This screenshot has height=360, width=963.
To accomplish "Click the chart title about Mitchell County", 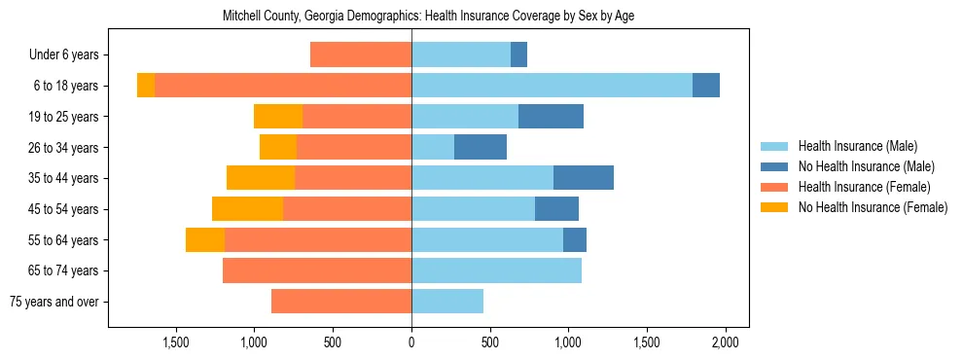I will (428, 17).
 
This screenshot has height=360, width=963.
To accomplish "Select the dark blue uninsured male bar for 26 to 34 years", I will (481, 147).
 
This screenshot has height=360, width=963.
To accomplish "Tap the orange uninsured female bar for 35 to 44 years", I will (261, 178).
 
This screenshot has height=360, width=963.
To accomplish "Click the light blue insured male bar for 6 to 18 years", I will (552, 86).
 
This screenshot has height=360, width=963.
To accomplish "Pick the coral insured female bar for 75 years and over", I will (341, 302).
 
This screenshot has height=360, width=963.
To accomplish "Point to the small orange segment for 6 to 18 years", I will (146, 86).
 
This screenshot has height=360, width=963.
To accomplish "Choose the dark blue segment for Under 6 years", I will (518, 54).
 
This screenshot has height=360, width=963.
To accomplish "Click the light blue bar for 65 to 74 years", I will (496, 270).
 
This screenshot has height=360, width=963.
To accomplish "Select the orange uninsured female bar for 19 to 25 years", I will (278, 117).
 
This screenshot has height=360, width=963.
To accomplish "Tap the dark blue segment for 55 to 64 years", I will (575, 239).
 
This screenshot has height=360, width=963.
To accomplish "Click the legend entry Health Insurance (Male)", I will (857, 146).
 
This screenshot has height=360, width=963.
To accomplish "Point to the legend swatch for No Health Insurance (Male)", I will (774, 166).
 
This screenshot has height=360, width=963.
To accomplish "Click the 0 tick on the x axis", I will (411, 342).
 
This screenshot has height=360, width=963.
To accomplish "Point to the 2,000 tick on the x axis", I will (725, 342).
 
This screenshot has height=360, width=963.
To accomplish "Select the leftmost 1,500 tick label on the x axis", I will (176, 342).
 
